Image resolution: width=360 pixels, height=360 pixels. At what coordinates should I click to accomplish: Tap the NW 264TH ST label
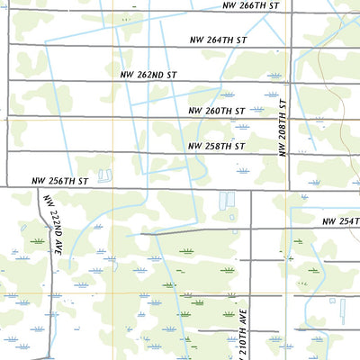pyautogui.click(x=218, y=40)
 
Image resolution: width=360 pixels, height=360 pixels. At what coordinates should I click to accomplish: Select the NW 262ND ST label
pyautogui.click(x=148, y=76)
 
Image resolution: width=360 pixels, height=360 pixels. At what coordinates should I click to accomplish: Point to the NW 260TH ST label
pyautogui.click(x=216, y=111)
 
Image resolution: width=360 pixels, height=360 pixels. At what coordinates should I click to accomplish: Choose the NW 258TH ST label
pyautogui.click(x=216, y=146)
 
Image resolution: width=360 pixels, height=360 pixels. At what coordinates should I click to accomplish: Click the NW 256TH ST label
pyautogui.click(x=60, y=181)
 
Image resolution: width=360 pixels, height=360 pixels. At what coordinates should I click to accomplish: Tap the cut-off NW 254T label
pyautogui.click(x=340, y=221)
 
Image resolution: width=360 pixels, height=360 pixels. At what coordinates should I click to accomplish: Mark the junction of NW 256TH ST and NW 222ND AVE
pyautogui.click(x=39, y=189)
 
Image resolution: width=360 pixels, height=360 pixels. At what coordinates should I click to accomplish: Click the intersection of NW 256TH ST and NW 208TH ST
pyautogui.click(x=289, y=189)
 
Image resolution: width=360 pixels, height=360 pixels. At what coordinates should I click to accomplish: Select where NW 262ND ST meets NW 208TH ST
pyautogui.click(x=290, y=82)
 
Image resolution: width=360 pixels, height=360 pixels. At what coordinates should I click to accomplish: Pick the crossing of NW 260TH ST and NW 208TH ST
pyautogui.click(x=290, y=117)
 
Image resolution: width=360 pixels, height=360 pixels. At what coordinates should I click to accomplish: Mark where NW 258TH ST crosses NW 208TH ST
pyautogui.click(x=290, y=152)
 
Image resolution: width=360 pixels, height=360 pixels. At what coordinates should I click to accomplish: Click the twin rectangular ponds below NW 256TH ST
pyautogui.click(x=226, y=199)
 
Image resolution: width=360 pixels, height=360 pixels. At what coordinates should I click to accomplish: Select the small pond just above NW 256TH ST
pyautogui.click(x=104, y=175)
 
